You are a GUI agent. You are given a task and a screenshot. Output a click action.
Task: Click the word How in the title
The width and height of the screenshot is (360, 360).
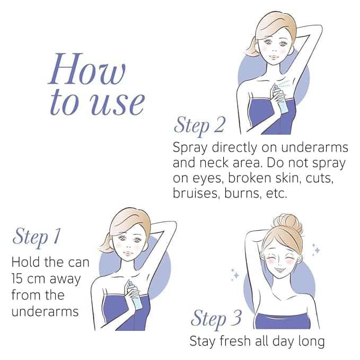[87, 69]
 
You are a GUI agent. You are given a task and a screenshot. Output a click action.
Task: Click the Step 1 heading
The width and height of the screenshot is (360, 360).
[37, 236]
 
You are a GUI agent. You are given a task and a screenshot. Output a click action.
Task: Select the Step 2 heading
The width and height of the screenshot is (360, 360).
[199, 125]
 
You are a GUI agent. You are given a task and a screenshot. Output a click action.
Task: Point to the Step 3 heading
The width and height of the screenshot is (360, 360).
[216, 319]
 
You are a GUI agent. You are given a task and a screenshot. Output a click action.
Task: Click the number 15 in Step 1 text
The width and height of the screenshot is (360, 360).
[17, 279]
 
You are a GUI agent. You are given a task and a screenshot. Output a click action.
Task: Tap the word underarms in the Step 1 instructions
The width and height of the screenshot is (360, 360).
[45, 312]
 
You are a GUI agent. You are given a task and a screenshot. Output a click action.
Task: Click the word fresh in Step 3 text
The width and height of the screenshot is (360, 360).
[235, 340]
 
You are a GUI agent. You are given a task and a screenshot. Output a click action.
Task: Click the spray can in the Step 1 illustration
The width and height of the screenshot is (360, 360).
[135, 295]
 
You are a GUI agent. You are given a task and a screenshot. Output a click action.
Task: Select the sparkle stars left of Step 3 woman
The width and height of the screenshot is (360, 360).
[235, 275]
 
